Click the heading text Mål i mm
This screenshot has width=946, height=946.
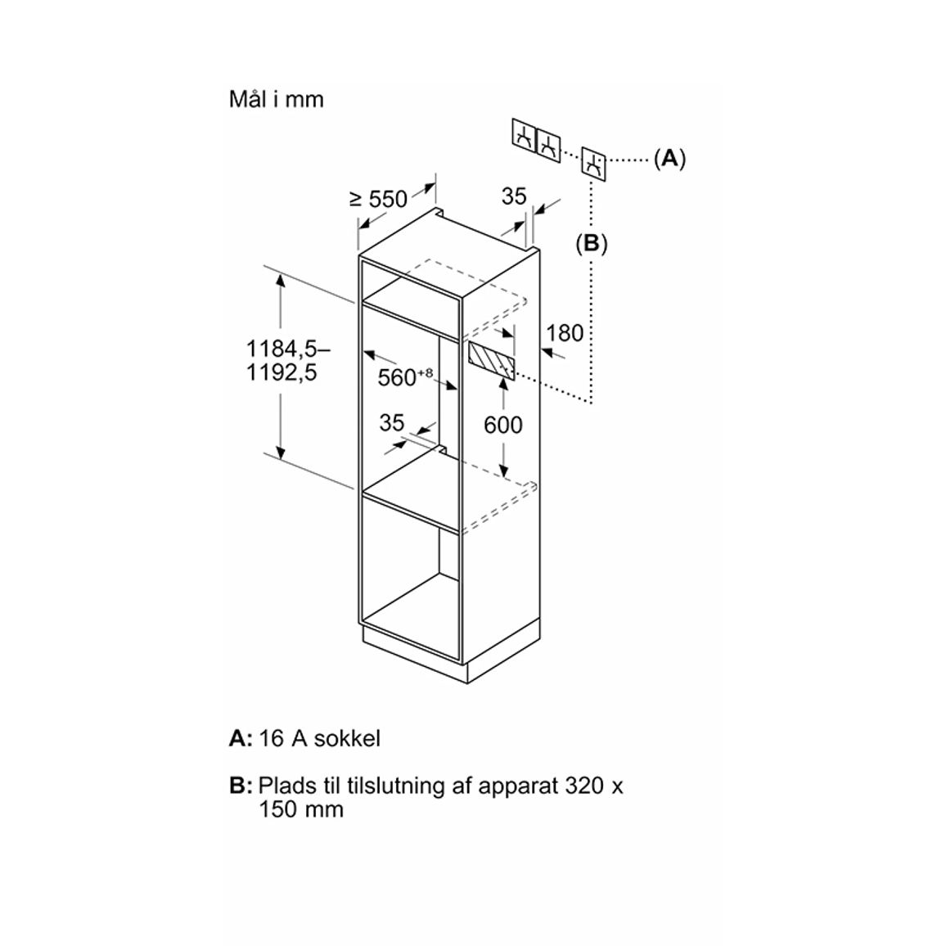tap(277, 100)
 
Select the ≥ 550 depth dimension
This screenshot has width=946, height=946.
tap(379, 199)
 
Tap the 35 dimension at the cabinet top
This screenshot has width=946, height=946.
tap(514, 196)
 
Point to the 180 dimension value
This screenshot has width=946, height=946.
tap(565, 333)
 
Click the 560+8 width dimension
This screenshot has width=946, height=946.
tap(405, 376)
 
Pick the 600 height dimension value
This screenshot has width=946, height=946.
tap(503, 426)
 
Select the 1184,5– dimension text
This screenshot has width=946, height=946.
tap(288, 349)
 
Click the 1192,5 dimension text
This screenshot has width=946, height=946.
tap(282, 373)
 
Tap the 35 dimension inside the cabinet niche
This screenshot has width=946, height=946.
tap(391, 423)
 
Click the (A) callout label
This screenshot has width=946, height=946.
tap(669, 159)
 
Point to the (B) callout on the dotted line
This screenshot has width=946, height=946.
tap(591, 244)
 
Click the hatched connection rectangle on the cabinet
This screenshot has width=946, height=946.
tap(491, 361)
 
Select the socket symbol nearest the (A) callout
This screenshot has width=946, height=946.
tap(593, 164)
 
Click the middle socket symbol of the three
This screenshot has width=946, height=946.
tap(548, 145)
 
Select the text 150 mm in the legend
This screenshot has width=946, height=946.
tap(301, 809)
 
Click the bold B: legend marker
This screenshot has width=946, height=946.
tap(240, 786)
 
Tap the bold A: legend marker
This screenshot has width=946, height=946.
tap(240, 738)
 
